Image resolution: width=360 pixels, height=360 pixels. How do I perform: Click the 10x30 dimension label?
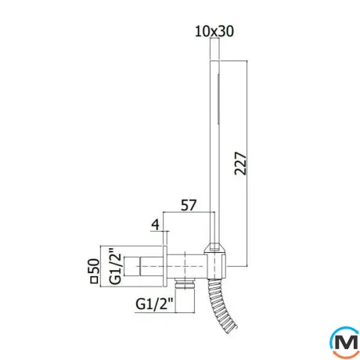tap(214, 31)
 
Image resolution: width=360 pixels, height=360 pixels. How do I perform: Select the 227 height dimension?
tap(240, 164)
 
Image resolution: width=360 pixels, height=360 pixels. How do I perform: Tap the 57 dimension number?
tap(189, 205)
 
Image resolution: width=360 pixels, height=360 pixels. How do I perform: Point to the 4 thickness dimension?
tap(156, 225)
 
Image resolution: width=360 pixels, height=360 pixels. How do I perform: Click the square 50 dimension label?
tap(94, 271)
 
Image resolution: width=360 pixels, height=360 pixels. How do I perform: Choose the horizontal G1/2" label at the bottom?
tap(154, 304)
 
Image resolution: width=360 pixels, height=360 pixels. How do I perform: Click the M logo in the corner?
tap(345, 342)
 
